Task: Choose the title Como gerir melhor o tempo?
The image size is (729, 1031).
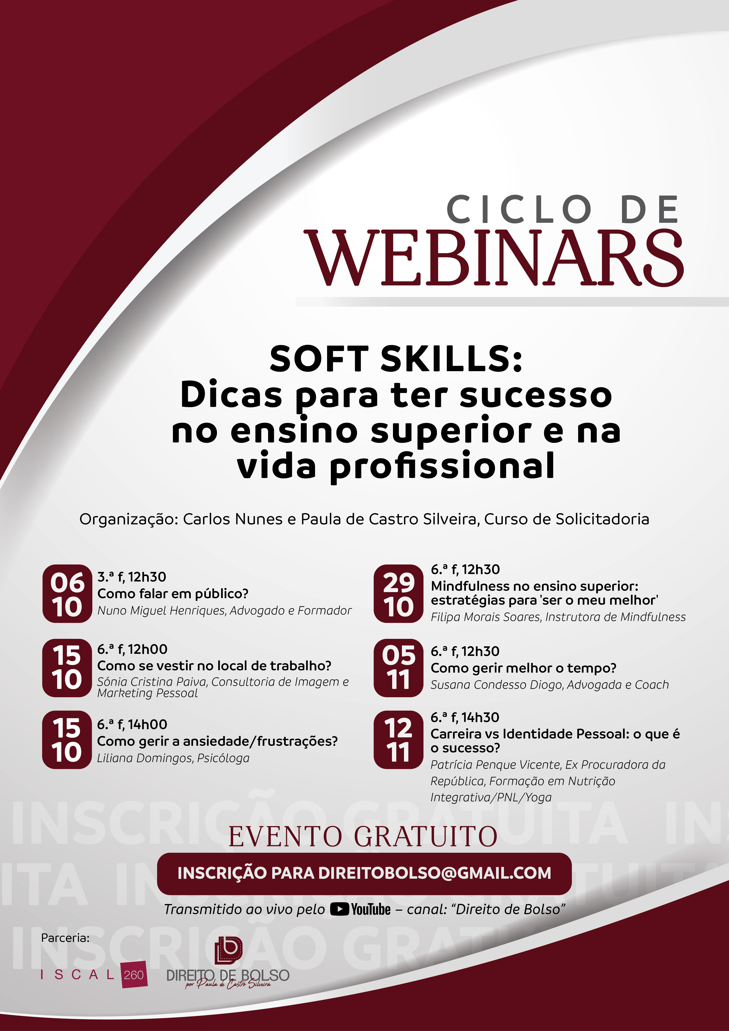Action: (523, 668)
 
